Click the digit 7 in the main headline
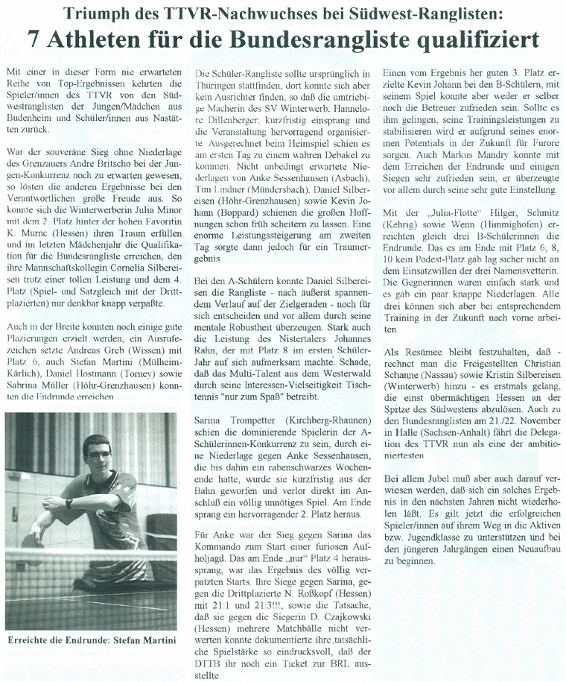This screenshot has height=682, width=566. point(36,38)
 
